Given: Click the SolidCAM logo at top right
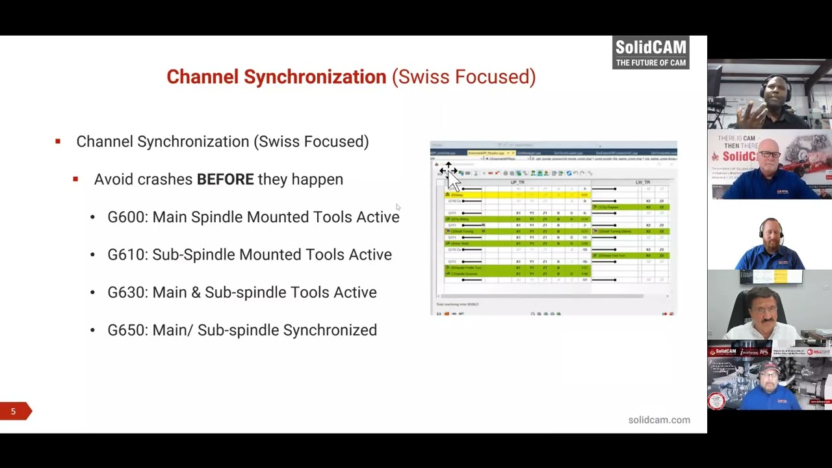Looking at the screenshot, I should pos(651,52).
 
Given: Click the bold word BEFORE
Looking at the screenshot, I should pos(225,179).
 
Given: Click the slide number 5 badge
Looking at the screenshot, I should pos(13,411).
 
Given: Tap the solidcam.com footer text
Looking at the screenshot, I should pos(658,420).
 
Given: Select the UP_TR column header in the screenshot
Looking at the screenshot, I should pos(517,183).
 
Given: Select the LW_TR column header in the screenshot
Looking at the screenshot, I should pos(642,183).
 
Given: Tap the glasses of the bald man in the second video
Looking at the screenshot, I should pos(769,155).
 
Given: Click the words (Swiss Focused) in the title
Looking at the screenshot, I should pos(463,77).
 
